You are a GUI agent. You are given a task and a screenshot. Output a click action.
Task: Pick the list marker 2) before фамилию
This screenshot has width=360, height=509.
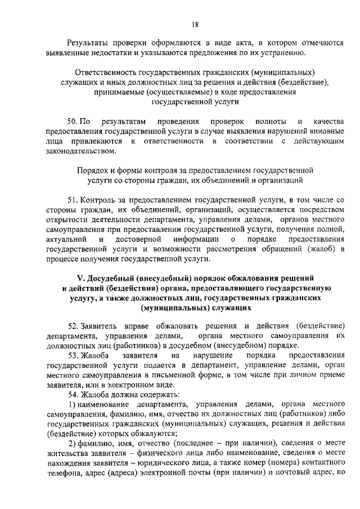(70, 443)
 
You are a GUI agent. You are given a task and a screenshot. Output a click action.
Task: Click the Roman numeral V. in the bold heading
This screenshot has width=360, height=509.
(80, 278)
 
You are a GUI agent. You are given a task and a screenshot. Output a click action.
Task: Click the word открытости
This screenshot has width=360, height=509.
(66, 220)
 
